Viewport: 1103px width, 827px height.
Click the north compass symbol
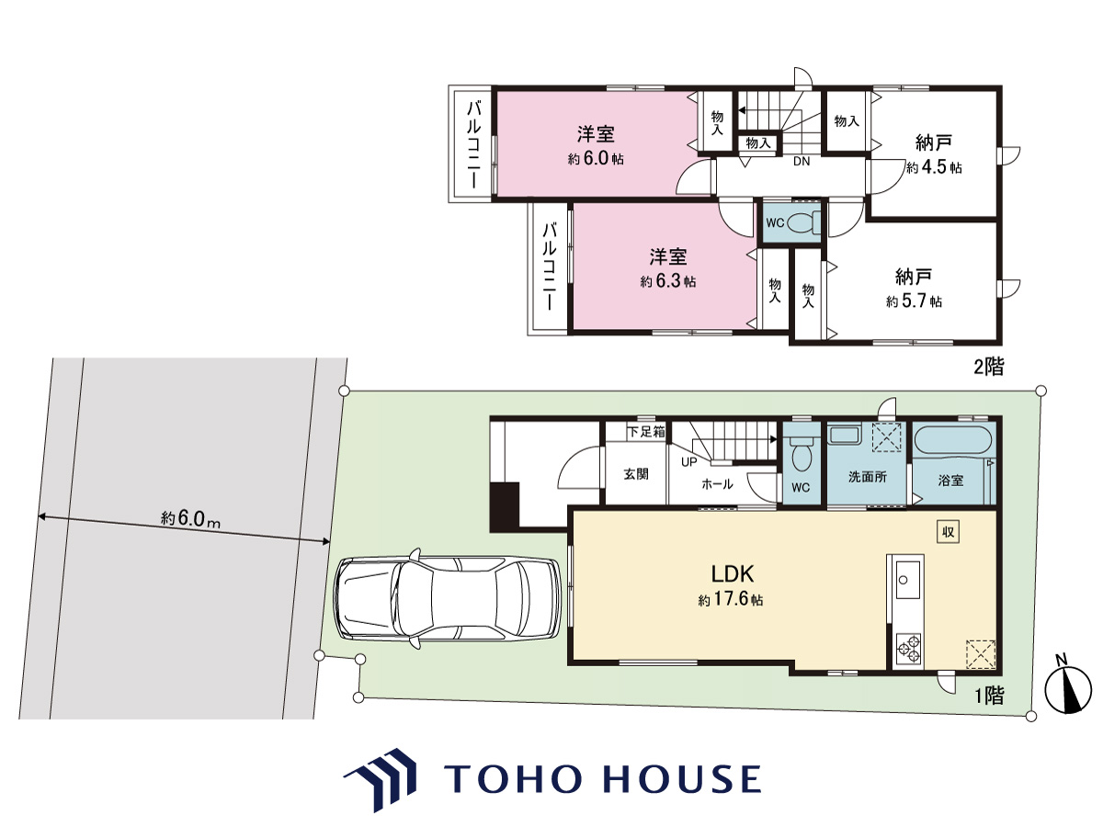1068,689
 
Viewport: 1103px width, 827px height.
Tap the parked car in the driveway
448,598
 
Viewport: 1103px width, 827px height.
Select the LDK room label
733,572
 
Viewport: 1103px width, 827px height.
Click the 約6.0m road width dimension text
190,518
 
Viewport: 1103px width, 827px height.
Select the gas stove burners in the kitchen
909,650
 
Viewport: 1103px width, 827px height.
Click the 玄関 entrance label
636,474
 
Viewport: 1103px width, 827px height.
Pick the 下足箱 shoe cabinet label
646,431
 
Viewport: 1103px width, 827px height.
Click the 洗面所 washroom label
868,477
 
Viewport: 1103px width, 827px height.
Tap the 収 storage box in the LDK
948,532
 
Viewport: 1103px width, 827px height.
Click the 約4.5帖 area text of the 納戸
934,167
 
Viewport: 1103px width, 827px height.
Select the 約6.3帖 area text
668,281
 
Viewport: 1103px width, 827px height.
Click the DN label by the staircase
802,162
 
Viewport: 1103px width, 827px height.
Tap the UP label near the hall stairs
689,462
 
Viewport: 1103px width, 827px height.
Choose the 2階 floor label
989,368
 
